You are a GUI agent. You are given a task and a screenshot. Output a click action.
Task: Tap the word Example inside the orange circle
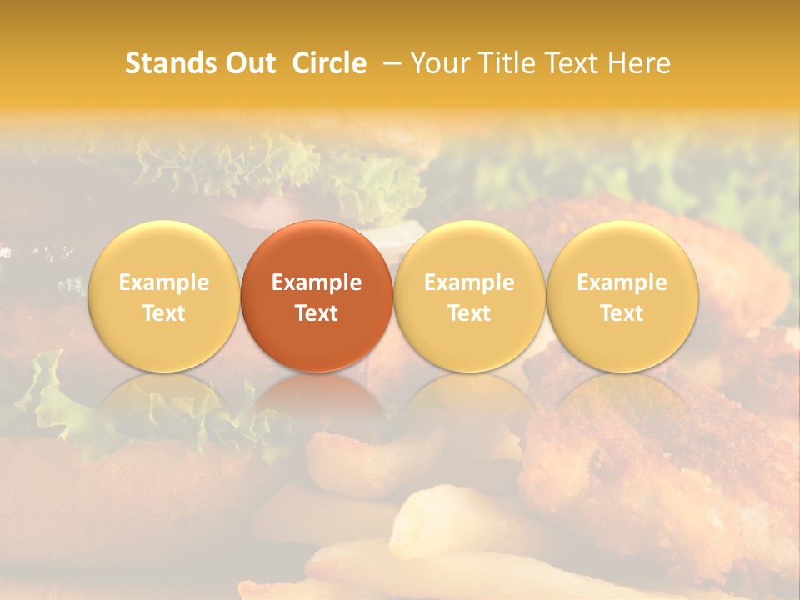click(317, 282)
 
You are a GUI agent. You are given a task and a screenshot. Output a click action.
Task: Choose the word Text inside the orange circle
click(317, 313)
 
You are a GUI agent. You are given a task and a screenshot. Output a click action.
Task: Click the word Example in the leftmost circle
click(163, 282)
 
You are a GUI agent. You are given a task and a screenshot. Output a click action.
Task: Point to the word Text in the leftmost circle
click(163, 313)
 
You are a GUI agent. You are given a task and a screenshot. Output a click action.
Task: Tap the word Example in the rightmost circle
click(622, 282)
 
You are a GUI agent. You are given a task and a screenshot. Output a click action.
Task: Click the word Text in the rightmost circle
click(622, 313)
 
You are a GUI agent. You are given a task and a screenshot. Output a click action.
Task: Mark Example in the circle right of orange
click(469, 282)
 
